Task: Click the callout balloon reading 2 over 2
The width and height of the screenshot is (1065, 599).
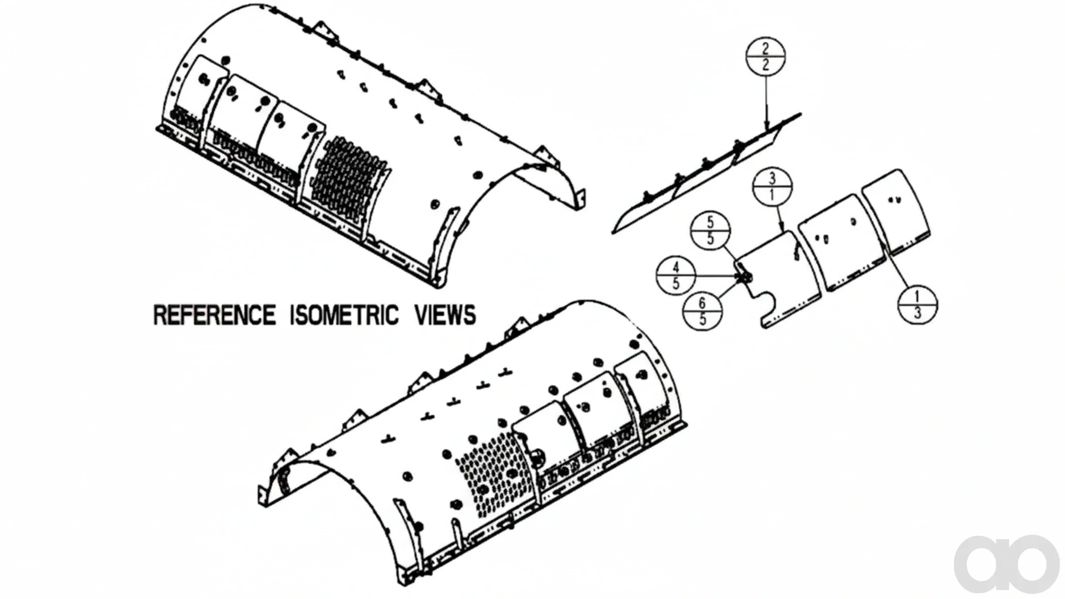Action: pyautogui.click(x=765, y=56)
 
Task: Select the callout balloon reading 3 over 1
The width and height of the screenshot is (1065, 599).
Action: pyautogui.click(x=772, y=187)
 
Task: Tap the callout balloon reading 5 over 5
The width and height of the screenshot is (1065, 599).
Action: pyautogui.click(x=710, y=230)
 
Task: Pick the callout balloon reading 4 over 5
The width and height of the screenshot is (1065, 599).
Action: pyautogui.click(x=676, y=276)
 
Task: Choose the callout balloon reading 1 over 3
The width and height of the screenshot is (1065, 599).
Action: pyautogui.click(x=918, y=305)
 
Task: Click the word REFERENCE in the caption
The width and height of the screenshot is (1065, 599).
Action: pyautogui.click(x=214, y=315)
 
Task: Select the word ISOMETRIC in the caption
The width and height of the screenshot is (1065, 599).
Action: pyautogui.click(x=345, y=315)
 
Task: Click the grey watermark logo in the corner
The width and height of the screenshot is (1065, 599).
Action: pyautogui.click(x=1006, y=564)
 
